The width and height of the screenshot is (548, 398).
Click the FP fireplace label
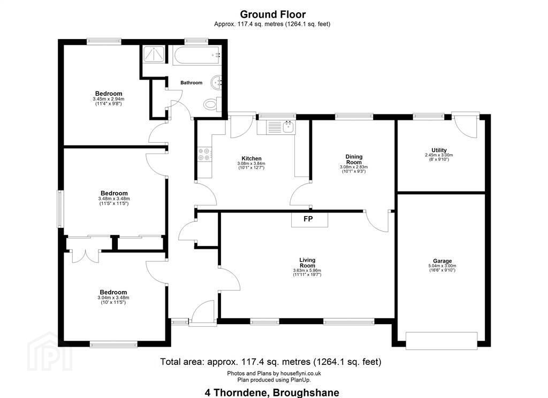tap(308, 219)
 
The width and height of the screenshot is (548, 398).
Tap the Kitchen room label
tap(252, 159)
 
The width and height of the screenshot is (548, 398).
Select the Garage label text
tap(442, 261)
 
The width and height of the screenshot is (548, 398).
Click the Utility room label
tap(439, 150)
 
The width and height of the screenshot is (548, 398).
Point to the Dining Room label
tap(354, 159)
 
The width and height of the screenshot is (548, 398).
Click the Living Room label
tap(307, 263)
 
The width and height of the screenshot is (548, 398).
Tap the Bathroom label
tap(191, 83)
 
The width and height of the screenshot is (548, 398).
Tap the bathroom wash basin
tap(217, 82)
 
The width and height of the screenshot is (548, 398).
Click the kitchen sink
tap(289, 127)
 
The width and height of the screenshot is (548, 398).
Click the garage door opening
tap(442, 341)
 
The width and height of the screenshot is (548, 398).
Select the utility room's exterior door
tap(465, 126)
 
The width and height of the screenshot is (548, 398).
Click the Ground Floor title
tap(272, 14)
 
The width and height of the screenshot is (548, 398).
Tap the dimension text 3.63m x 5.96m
tap(307, 271)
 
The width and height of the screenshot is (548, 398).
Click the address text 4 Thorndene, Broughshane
tap(272, 393)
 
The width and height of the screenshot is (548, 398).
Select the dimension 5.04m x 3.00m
tap(442, 266)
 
